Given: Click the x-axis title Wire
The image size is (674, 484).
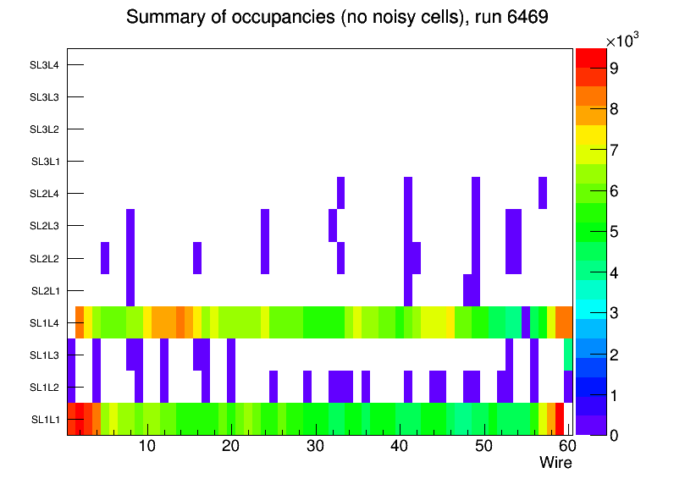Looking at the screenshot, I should pos(555,463).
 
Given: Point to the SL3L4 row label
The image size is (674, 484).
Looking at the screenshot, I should pos(46,65).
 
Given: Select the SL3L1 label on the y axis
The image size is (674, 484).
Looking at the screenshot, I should pos(46,162).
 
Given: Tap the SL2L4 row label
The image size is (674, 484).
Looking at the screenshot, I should pos(46,194).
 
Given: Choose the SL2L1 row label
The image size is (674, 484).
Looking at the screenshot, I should pos(46,291).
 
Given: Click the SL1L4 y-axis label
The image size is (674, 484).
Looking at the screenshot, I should pos(46,323).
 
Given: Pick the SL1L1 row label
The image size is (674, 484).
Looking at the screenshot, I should pos(46,420).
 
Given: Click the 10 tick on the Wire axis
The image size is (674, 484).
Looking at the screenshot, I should pos(146,446).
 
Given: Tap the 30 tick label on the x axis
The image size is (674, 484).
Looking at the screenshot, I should pos(315,446).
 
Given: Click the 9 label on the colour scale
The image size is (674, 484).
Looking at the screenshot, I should pos(613,69).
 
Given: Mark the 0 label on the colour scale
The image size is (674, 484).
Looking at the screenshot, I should pos(613,435).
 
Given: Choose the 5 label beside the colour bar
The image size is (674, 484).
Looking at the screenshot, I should pos(613,231).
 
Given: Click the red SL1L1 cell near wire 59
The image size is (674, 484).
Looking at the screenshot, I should pos(560,419).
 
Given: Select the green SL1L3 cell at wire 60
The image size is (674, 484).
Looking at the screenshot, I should pos(568,355).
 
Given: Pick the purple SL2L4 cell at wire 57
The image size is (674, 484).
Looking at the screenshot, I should pos(543,193).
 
